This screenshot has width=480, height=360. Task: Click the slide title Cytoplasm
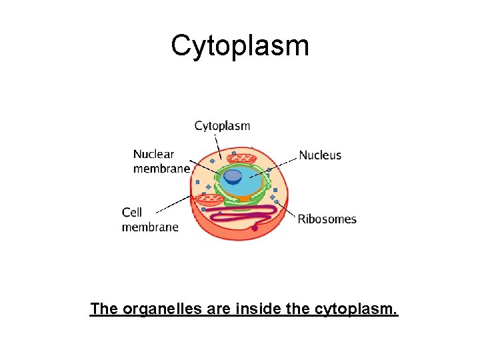[240, 46]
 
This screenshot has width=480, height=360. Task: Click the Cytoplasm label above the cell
[222, 125]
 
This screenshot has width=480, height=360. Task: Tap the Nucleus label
[320, 155]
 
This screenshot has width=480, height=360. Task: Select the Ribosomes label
[327, 219]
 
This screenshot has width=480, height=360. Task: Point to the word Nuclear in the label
[153, 155]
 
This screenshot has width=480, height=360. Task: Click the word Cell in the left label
[132, 212]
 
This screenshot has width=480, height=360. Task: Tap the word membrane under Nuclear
[161, 169]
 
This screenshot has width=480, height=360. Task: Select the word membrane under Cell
[150, 227]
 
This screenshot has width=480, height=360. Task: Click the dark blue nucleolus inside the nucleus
[233, 176]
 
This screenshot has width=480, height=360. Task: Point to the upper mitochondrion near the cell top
[241, 159]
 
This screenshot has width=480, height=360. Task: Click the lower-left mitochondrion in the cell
[209, 199]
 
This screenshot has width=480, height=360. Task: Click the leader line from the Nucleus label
[280, 164]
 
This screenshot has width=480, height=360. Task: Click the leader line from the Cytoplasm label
[217, 143]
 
